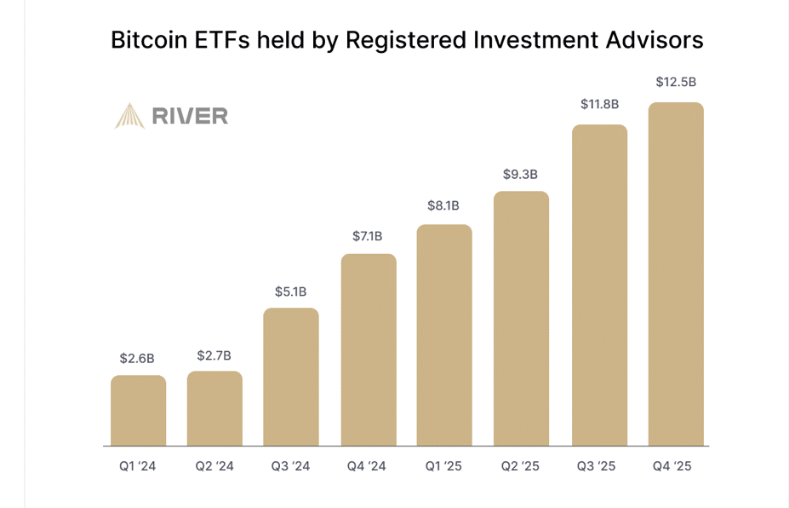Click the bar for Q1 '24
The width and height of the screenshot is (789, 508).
(x=138, y=410)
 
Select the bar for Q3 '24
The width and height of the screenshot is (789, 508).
(x=291, y=377)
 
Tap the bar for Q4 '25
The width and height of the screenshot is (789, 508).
(x=676, y=274)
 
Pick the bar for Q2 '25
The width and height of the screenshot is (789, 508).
(x=522, y=318)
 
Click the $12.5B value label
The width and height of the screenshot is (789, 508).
(x=676, y=83)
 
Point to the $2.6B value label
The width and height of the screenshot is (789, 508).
(x=138, y=358)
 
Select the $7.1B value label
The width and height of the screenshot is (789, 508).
(x=368, y=235)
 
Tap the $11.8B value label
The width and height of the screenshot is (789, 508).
(x=599, y=105)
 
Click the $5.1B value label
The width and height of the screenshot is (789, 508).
(x=291, y=292)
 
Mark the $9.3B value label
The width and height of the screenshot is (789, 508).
(x=520, y=175)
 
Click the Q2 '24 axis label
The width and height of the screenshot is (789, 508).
(x=214, y=466)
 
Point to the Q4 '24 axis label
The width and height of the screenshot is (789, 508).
(x=367, y=466)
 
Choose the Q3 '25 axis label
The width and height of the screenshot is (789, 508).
(x=597, y=466)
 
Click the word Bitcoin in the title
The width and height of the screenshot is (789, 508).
(x=148, y=40)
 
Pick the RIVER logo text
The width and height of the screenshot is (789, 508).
(x=190, y=116)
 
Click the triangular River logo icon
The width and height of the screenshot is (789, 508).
(x=129, y=116)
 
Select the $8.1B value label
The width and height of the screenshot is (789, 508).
(x=443, y=205)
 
